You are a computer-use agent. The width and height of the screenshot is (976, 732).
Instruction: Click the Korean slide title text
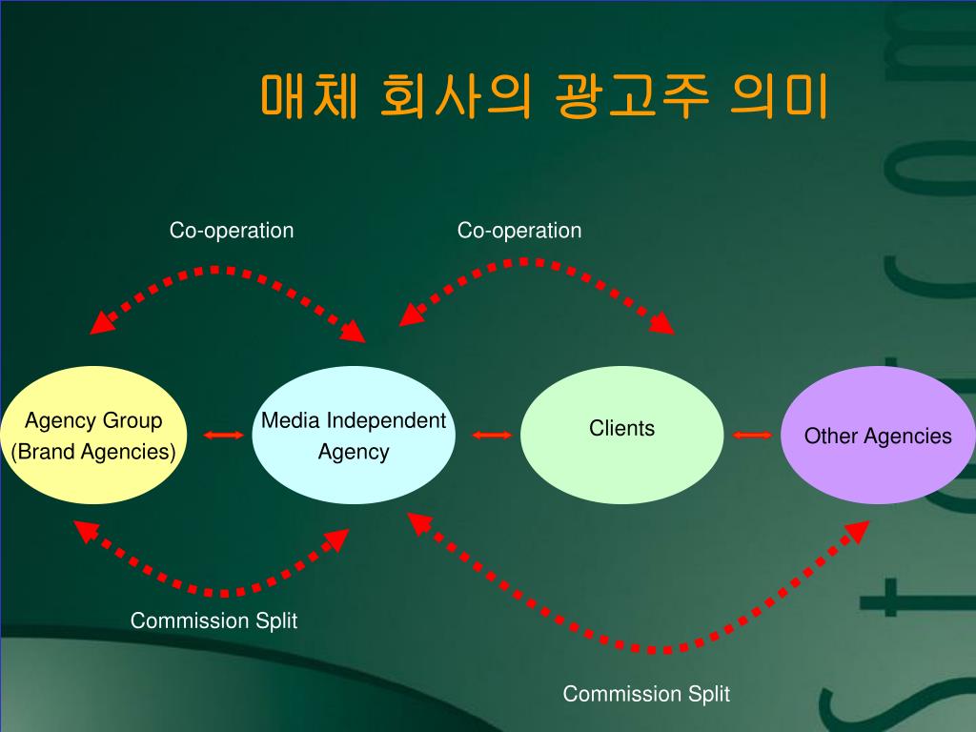[x=543, y=96]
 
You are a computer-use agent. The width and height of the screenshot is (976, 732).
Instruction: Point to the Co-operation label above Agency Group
[x=232, y=231]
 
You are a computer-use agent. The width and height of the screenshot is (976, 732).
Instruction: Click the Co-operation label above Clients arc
[x=518, y=231]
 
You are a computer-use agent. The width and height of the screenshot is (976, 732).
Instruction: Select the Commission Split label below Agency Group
[x=213, y=621]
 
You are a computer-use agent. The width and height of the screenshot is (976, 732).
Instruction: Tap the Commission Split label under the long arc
[x=646, y=694]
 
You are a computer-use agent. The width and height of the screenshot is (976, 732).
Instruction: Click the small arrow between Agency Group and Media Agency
[x=223, y=436]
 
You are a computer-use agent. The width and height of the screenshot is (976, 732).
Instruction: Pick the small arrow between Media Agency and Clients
[x=492, y=436]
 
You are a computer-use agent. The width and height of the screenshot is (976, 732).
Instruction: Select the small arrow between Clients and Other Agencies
[x=753, y=436]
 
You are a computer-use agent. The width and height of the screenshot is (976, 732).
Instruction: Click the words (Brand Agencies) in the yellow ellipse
[x=93, y=452]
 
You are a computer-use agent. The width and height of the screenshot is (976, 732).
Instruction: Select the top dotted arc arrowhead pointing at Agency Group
[x=99, y=324]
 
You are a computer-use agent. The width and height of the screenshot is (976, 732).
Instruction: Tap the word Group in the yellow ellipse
[x=132, y=420]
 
